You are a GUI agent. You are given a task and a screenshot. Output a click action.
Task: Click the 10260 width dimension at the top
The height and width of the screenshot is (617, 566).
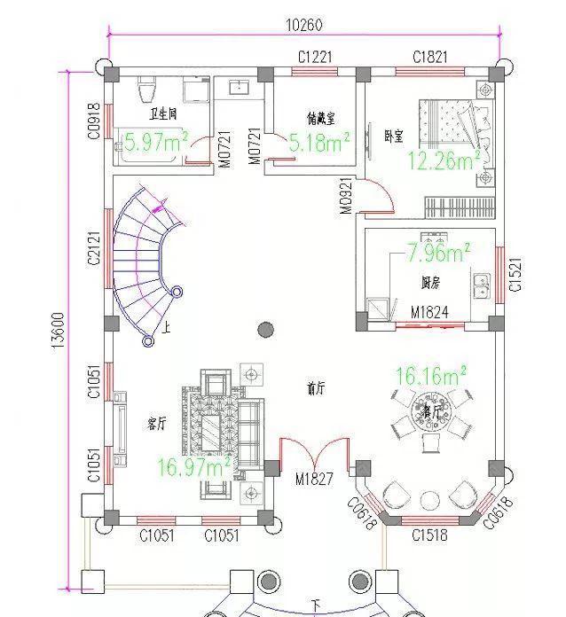(x=303, y=24)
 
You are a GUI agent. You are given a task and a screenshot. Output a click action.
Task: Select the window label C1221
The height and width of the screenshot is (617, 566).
(x=315, y=58)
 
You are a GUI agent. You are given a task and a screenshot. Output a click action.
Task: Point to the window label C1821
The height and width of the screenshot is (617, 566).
(x=430, y=58)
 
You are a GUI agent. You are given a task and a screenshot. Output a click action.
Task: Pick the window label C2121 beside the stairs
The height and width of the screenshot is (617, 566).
(x=94, y=246)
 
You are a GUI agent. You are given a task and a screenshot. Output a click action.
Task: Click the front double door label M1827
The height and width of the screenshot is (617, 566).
(x=314, y=479)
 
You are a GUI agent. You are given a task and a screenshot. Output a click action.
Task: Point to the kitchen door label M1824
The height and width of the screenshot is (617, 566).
(x=429, y=313)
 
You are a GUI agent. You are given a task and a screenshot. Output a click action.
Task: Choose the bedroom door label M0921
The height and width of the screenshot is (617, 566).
(x=346, y=196)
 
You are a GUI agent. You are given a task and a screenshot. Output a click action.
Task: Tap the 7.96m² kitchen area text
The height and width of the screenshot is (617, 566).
(x=438, y=254)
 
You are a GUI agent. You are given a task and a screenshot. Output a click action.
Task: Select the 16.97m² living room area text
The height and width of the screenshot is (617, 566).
(x=194, y=465)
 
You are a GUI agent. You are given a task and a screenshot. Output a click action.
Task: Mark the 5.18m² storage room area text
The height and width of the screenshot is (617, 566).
(x=319, y=141)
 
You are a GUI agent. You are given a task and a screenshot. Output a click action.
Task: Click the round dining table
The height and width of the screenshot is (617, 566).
(x=434, y=416)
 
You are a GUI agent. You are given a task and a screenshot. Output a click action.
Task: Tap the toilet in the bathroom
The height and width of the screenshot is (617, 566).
(x=148, y=90)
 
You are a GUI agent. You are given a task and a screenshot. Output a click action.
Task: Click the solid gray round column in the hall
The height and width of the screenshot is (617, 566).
(x=265, y=330)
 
